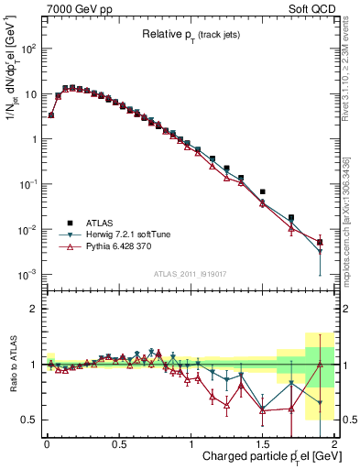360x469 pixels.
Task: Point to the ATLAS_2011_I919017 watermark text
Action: coord(189,273)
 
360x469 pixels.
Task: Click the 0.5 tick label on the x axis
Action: coord(118,444)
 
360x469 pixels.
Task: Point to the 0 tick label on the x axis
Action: coord(46,444)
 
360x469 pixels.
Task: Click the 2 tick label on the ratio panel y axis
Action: coord(34,309)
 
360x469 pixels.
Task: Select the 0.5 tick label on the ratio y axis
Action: coord(30,420)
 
